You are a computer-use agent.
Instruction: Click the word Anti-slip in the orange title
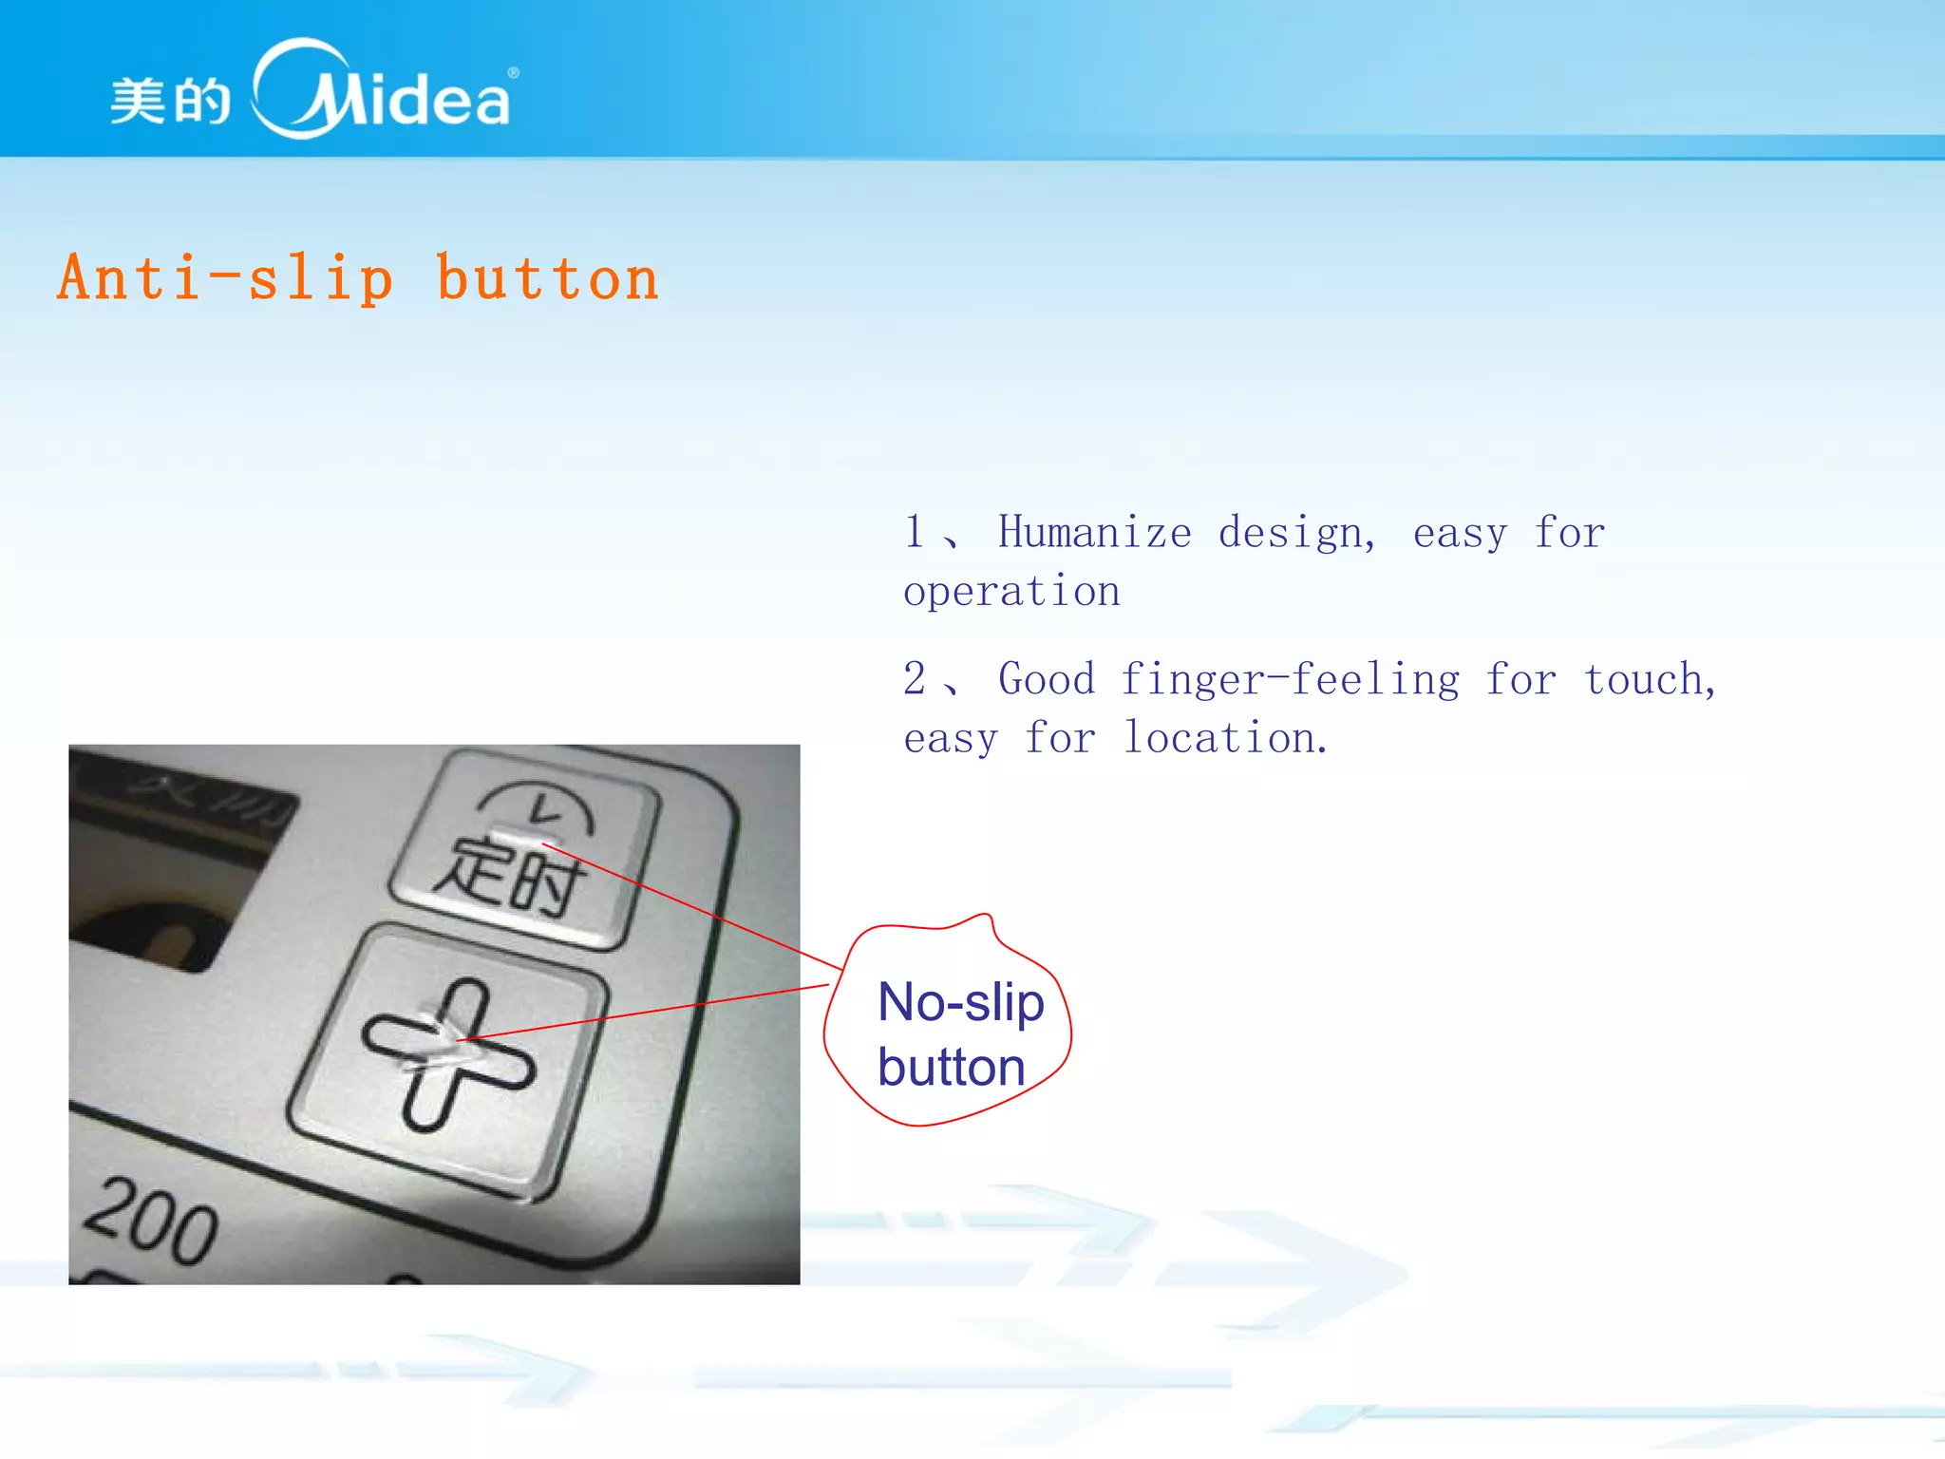[225, 278]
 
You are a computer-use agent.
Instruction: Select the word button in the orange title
[547, 278]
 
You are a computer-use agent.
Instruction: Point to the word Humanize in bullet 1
[1094, 532]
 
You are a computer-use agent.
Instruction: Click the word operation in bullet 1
[1011, 593]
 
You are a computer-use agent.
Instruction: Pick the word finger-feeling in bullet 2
[1289, 680]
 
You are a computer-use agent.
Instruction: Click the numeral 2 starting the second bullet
[914, 679]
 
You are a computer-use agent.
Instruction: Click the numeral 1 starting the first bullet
[914, 532]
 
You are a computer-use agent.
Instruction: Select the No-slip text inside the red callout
[960, 1003]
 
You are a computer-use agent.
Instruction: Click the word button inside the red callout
[951, 1068]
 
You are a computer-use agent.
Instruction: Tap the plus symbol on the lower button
[448, 1054]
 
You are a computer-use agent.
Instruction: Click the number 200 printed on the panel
[151, 1221]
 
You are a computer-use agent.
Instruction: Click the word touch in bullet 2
[1648, 680]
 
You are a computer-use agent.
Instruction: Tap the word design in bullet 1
[1295, 532]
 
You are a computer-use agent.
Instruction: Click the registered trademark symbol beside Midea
[514, 73]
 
